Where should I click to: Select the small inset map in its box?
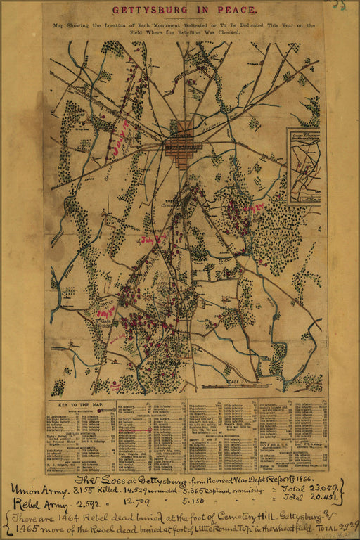pos(304,165)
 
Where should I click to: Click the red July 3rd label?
pos(107,310)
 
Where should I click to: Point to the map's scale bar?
pos(236,385)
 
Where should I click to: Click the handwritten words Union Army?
pos(36,489)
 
